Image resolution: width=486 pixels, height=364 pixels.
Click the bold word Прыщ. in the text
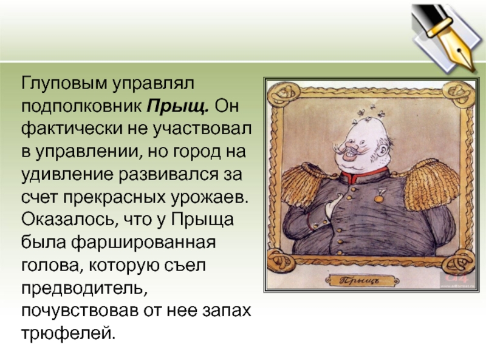(x=177, y=107)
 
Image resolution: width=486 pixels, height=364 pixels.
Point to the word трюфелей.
(x=68, y=334)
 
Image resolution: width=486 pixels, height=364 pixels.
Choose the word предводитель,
(x=84, y=289)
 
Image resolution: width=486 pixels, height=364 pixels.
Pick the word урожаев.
(x=210, y=198)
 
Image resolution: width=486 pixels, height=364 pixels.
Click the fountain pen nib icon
(x=447, y=36)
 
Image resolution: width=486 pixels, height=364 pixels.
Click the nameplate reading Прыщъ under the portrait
(x=362, y=281)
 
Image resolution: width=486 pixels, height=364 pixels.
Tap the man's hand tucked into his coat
(x=332, y=206)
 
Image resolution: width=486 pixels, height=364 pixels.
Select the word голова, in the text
(x=50, y=266)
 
